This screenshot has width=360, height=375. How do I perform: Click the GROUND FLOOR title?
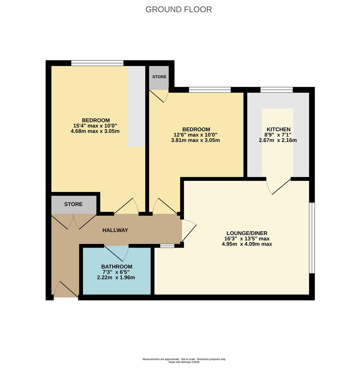179,9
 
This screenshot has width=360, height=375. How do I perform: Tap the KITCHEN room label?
279,130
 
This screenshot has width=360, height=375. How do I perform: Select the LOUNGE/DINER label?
247,233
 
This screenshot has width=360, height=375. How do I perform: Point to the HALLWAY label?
115,230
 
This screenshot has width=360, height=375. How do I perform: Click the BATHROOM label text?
117,267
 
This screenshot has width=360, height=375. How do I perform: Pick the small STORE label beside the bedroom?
159,77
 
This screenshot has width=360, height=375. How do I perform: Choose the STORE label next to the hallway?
73,204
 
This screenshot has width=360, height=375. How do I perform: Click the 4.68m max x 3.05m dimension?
95,131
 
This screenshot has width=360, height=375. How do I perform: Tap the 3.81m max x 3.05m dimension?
195,140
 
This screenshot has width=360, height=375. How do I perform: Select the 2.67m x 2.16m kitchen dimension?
278,140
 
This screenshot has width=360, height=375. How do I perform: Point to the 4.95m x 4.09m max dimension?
247,244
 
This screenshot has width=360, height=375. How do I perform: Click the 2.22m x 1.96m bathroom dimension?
116,278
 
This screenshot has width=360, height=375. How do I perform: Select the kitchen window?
277,90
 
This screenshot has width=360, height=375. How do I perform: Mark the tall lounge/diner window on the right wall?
312,238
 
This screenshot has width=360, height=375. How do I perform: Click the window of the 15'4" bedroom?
97,63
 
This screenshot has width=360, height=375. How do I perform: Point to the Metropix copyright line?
184,362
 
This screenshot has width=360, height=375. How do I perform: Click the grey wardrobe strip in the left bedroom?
136,106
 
